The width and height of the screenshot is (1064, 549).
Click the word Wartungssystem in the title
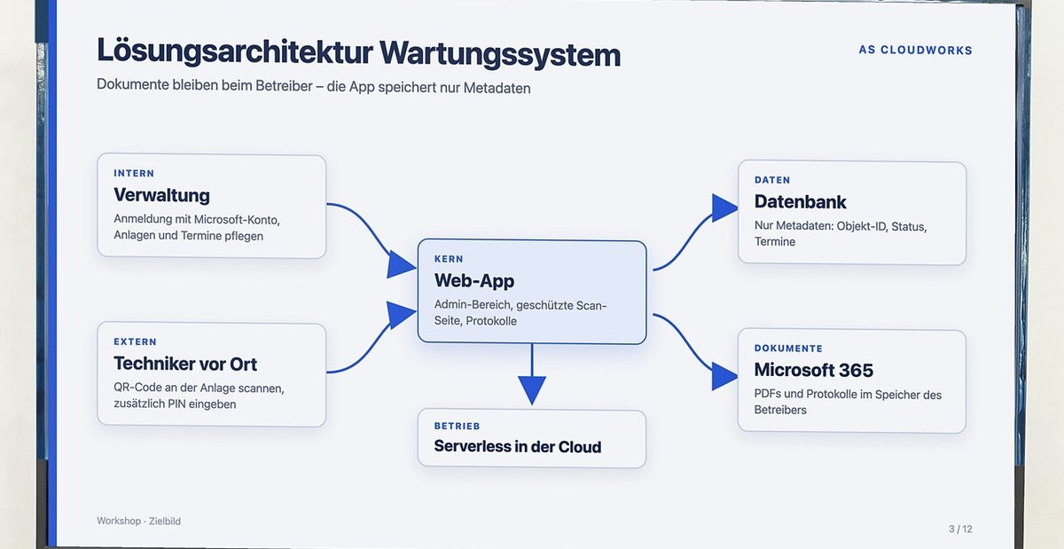[x=500, y=55]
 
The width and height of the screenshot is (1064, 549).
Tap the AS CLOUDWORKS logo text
[x=915, y=50]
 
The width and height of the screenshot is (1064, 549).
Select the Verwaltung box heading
[x=161, y=195]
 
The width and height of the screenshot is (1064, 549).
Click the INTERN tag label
[x=134, y=174]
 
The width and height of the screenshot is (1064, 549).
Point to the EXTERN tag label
[x=135, y=341]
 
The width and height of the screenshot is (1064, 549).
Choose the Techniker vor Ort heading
[x=185, y=365]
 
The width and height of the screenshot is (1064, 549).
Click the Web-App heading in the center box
[x=474, y=281]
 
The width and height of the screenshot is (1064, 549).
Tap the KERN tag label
[x=449, y=259]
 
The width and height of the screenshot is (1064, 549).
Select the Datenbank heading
[x=801, y=202]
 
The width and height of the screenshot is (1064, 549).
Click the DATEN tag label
[x=772, y=180]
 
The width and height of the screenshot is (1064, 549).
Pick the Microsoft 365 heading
[x=814, y=370]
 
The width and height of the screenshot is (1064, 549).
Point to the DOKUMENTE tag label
[x=788, y=349]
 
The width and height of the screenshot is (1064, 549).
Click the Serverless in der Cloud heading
[x=518, y=447]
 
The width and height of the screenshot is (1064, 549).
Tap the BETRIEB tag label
[x=457, y=427]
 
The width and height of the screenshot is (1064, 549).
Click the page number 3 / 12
[x=960, y=529]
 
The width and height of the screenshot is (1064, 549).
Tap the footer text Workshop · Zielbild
[x=138, y=521]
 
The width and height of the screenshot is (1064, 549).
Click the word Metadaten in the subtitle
[x=497, y=89]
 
